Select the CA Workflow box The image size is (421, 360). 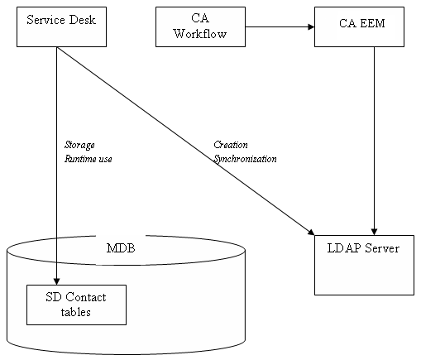click(200, 26)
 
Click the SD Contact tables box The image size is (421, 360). click(76, 305)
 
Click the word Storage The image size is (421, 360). click(79, 145)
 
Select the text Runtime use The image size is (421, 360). click(88, 158)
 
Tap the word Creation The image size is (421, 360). click(231, 145)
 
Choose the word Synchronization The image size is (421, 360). click(245, 158)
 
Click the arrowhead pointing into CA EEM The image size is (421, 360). click(310, 26)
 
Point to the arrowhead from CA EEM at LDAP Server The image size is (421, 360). click(376, 231)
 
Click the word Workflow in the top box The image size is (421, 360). click(200, 34)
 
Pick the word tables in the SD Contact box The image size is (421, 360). click(76, 312)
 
